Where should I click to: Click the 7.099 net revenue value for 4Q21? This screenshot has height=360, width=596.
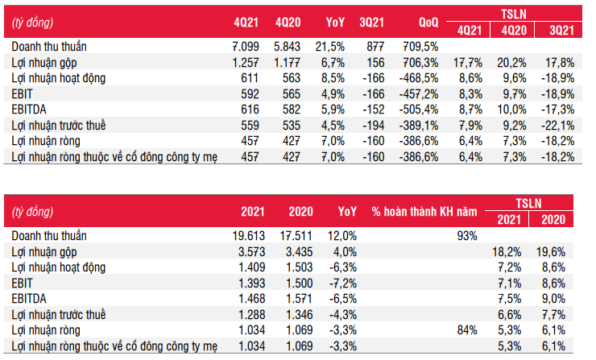coord(246,47)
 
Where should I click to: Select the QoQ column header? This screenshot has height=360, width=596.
coord(428,23)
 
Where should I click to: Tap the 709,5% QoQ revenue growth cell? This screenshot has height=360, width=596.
coord(420,47)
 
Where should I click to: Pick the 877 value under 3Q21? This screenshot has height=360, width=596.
coord(375,47)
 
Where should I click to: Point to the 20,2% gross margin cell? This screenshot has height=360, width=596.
coord(511,63)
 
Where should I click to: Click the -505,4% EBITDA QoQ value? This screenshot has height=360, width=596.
coord(419,110)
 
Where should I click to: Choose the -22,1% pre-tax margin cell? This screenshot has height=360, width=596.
coord(557,126)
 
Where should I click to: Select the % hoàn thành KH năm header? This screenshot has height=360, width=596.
coord(424,212)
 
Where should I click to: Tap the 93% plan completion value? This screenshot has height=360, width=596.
coord(467,236)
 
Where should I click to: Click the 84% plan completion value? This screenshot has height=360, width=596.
coord(467,330)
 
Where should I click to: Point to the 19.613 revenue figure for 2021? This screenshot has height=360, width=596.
coord(249,236)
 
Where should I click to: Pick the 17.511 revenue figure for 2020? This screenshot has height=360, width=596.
coord(296,236)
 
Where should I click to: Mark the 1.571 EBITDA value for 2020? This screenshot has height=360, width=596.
coord(299,299)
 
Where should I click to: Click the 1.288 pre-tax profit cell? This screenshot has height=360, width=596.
coord(251,315)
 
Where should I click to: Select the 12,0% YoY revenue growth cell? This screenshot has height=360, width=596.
coord(342,236)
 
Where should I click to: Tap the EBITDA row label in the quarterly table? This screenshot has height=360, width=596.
coord(29,110)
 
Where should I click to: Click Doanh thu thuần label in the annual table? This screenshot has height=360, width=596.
coord(49,236)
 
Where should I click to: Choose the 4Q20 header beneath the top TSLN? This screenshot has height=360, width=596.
coord(514,31)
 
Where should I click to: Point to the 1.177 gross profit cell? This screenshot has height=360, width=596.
coord(287,63)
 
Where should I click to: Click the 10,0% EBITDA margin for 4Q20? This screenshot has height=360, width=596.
coord(511,110)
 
